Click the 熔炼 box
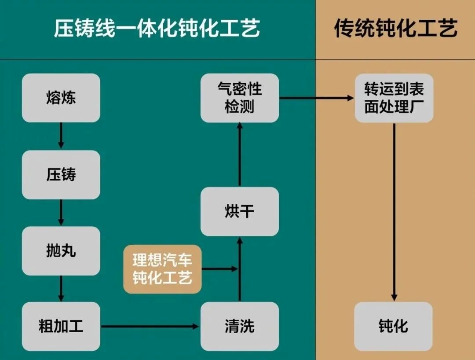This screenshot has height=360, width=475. tap(61, 98)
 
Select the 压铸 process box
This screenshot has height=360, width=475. tap(61, 174)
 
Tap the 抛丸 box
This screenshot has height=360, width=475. tap(61, 251)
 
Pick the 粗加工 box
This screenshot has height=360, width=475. tap(61, 327)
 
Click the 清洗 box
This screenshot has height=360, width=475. tap(240, 327)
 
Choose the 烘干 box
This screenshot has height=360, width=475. tap(240, 212)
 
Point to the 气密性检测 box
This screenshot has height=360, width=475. tap(240, 98)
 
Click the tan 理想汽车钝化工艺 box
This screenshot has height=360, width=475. tap(162, 269)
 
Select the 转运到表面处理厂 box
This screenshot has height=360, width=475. tap(394, 98)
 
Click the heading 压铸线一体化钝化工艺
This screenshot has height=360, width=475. tap(157, 29)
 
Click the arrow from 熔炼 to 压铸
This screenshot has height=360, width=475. tap(61, 136)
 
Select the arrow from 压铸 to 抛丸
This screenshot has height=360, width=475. tap(61, 213)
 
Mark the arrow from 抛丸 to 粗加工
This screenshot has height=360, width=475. tap(61, 288)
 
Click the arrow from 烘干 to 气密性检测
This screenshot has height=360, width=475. tap(240, 154)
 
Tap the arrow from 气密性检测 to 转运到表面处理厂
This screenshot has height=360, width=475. tap(317, 98)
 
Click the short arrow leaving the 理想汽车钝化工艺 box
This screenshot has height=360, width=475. tap(219, 268)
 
